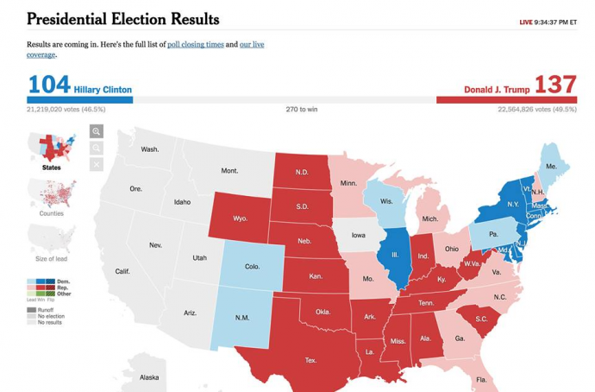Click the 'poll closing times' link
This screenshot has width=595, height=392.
pos(195,44)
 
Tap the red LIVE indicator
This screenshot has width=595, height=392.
pos(525,22)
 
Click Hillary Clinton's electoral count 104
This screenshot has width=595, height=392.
pos(48,85)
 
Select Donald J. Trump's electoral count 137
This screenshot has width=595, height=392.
pos(555,85)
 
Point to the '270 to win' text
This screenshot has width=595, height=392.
pos(301,110)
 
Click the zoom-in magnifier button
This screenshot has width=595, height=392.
pos(97,131)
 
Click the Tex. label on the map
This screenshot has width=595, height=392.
pos(310,360)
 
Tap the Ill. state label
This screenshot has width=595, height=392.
pos(395,255)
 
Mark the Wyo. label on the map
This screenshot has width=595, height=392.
pos(240,218)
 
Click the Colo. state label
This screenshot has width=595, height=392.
pos(252,267)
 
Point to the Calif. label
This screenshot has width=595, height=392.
pos(122,271)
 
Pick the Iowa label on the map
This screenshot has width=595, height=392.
pos(358,235)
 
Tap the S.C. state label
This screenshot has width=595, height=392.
pos(481,319)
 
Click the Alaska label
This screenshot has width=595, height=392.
pos(149,377)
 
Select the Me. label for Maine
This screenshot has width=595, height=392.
pos(551,166)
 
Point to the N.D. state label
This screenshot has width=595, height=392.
pos(301,172)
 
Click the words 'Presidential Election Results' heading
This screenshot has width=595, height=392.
pos(123,19)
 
